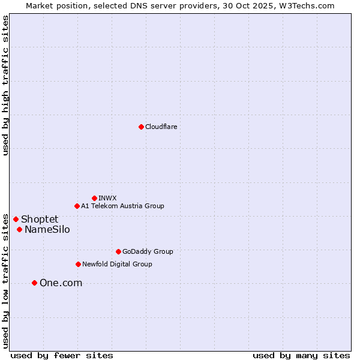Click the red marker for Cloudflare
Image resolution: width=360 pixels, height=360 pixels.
pos(141,127)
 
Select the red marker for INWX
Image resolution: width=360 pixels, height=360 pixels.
pos(94,198)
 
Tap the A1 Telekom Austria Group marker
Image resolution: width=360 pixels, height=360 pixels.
pos(77,206)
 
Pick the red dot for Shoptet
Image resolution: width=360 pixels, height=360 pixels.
pos(16,219)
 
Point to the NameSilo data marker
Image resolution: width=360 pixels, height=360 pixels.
pos(19,229)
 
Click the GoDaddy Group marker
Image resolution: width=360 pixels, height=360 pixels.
pos(118,251)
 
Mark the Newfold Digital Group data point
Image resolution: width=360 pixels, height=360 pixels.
pos(78,264)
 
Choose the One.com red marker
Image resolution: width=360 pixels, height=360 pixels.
pos(34,283)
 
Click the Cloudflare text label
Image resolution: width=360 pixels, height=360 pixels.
pos(161,127)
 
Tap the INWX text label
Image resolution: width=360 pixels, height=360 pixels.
pos(107,198)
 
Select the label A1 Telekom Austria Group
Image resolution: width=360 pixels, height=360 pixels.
pos(122,206)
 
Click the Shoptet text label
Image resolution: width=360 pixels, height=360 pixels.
pos(40,219)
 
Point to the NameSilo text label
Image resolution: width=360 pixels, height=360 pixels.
pos(47,229)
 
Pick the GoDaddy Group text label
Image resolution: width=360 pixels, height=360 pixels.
pos(148,251)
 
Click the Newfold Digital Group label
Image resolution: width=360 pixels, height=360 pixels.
pos(117,264)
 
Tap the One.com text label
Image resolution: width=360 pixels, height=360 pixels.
pos(61,283)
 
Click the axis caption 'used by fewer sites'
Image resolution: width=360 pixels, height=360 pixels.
pos(62,355)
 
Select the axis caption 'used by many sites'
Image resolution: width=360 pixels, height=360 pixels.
pos(301,355)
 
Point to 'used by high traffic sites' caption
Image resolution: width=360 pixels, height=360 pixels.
pos(6,85)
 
